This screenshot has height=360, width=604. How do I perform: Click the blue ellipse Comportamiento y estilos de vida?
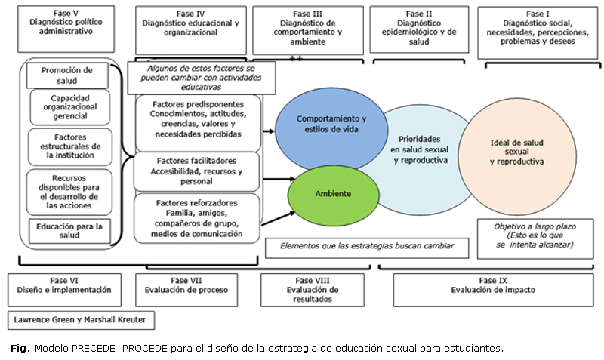[x=331, y=125]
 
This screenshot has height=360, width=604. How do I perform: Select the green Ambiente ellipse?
[x=333, y=194]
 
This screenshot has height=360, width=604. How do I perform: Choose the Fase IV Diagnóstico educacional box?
[x=190, y=29]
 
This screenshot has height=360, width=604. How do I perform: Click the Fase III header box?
[x=306, y=29]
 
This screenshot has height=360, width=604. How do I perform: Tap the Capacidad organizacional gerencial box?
[x=69, y=107]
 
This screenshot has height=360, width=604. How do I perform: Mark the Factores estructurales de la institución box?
[x=69, y=146]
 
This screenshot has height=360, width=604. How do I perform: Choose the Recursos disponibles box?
[x=69, y=189]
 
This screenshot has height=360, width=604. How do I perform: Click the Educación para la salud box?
[x=69, y=230]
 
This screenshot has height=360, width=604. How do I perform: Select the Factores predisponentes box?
[x=198, y=118]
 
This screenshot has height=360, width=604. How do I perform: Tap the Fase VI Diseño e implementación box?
[x=66, y=285]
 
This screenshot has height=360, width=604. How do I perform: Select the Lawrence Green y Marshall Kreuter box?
[x=80, y=320]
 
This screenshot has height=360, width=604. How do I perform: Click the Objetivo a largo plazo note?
[x=534, y=235]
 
